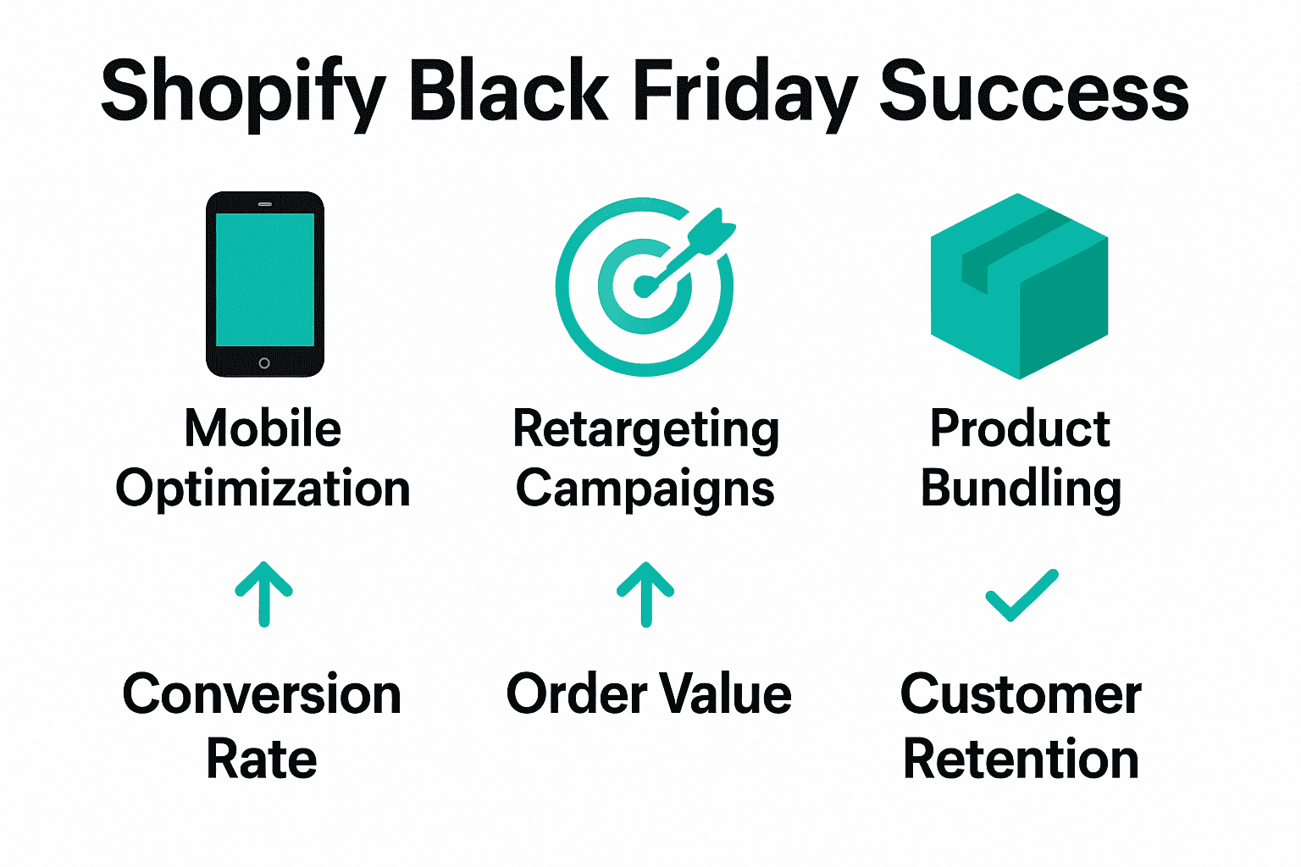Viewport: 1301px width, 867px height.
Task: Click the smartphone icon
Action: pyautogui.click(x=265, y=284)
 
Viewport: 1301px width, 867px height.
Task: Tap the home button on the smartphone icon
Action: pyautogui.click(x=264, y=363)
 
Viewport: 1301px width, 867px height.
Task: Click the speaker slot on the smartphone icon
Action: pyautogui.click(x=265, y=204)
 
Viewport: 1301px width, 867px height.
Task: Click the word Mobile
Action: pyautogui.click(x=263, y=428)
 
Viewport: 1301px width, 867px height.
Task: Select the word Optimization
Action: pyautogui.click(x=263, y=489)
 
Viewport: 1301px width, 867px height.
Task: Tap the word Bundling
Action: pyautogui.click(x=1021, y=489)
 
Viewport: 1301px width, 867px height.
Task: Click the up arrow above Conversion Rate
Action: pyautogui.click(x=264, y=594)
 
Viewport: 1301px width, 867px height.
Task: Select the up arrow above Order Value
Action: pyautogui.click(x=645, y=594)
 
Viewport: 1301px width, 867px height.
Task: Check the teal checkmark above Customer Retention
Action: pyautogui.click(x=1021, y=594)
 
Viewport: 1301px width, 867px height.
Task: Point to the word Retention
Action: pyautogui.click(x=1021, y=759)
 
